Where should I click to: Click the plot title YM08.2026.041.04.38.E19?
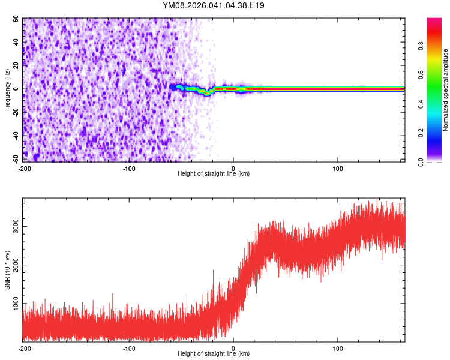point(214,5)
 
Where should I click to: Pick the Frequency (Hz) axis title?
point(7,89)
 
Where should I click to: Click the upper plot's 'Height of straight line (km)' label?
point(214,173)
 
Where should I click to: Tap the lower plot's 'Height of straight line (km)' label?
point(214,353)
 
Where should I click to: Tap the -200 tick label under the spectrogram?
point(25,168)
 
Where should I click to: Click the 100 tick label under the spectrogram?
point(338,168)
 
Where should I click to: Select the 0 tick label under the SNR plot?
point(233,348)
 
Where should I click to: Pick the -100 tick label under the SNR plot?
point(129,348)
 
